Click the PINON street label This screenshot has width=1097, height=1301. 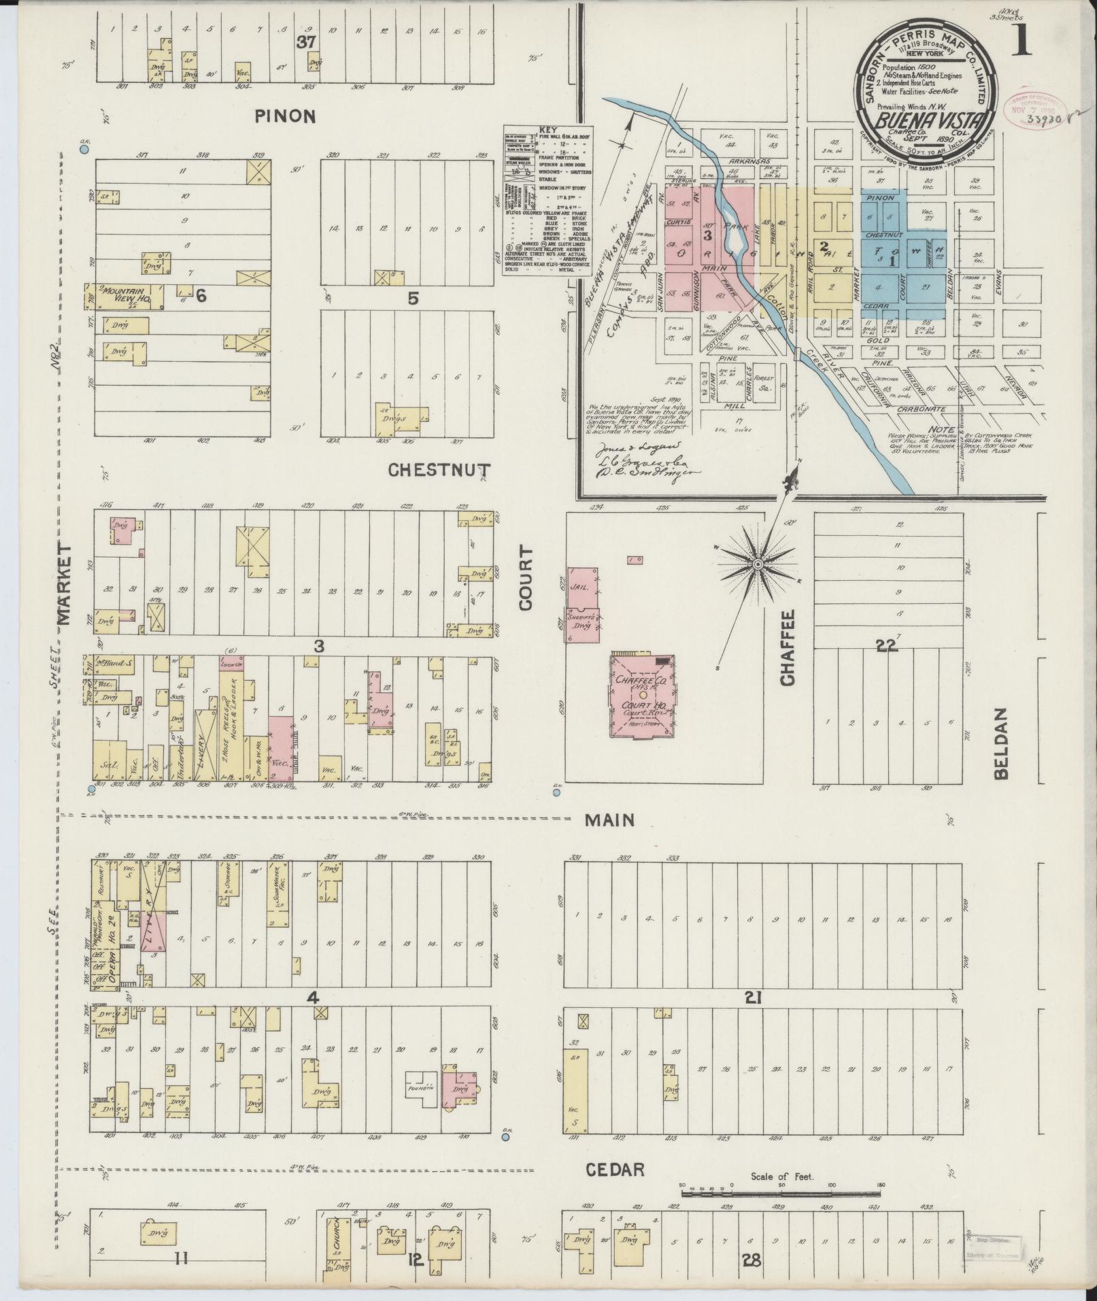[286, 116]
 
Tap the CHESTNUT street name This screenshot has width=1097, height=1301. [440, 470]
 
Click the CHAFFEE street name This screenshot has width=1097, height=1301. [788, 647]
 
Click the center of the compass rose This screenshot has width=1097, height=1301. [756, 564]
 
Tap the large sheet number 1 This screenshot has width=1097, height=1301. [1022, 42]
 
